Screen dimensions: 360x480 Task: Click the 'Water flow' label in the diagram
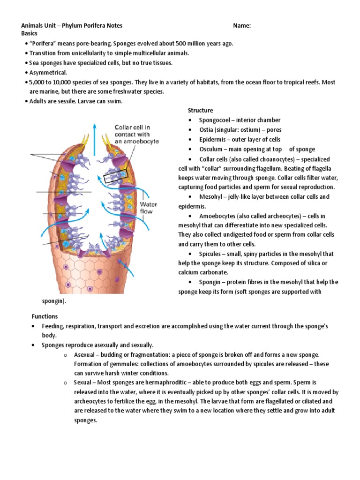(149, 208)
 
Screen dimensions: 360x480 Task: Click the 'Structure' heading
(200, 111)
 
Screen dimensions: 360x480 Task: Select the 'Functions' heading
(45, 316)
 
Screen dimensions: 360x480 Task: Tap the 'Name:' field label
(242, 26)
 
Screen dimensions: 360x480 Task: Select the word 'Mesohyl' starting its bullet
(211, 197)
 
